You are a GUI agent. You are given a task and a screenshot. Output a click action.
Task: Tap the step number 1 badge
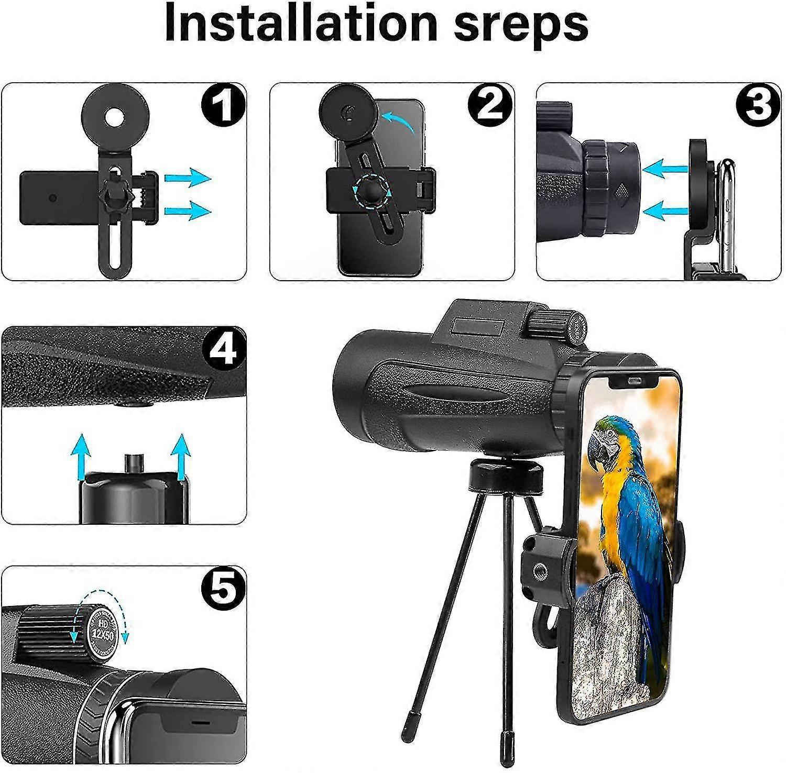(223, 105)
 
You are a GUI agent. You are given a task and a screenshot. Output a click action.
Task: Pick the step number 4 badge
(223, 349)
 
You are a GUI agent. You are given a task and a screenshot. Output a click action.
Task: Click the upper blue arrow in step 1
(187, 179)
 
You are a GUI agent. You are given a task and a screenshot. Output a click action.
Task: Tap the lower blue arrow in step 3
(664, 211)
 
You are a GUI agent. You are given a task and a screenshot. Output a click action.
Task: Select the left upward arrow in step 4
(80, 455)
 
